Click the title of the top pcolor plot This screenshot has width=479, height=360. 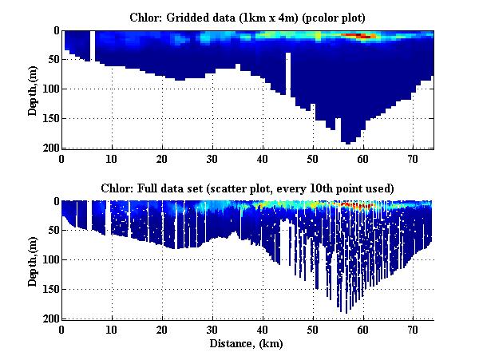point(248,16)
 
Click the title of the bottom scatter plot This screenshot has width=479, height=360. point(248,188)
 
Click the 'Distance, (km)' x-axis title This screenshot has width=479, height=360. point(248,344)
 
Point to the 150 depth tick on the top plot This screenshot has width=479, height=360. point(49,119)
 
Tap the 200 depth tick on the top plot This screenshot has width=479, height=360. point(49,148)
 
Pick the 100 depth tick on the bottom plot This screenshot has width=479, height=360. point(49,260)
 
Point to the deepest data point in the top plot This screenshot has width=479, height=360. point(348,142)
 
